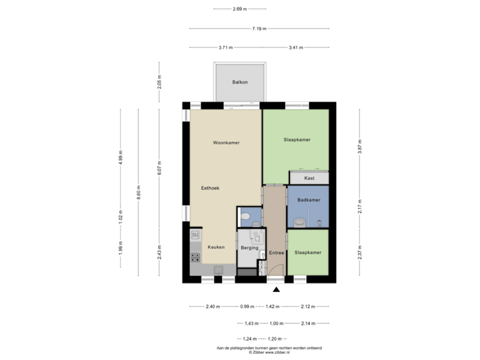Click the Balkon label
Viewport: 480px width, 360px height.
pyautogui.click(x=240, y=82)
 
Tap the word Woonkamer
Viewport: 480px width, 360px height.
pyautogui.click(x=226, y=143)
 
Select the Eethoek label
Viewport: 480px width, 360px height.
pyautogui.click(x=210, y=189)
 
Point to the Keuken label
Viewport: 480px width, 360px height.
pyautogui.click(x=215, y=247)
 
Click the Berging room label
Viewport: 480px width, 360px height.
pyautogui.click(x=249, y=247)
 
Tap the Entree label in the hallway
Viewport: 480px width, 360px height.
pyautogui.click(x=276, y=253)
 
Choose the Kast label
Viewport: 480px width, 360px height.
pyautogui.click(x=309, y=179)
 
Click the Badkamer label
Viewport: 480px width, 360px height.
pyautogui.click(x=309, y=200)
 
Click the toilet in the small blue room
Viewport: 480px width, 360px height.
pyautogui.click(x=245, y=216)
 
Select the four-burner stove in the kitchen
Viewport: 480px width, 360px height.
pyautogui.click(x=196, y=256)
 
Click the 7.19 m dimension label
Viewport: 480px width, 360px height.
pyautogui.click(x=259, y=29)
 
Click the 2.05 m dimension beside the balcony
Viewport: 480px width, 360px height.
pyautogui.click(x=159, y=81)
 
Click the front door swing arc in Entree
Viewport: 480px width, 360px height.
pyautogui.click(x=262, y=267)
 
